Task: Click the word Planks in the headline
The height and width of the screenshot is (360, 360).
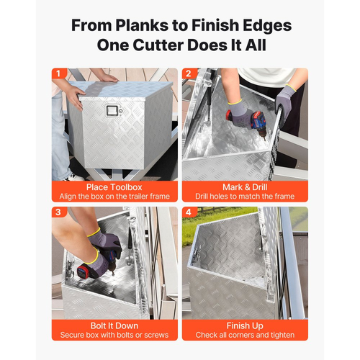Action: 142,25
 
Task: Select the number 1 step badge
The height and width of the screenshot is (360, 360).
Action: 58,73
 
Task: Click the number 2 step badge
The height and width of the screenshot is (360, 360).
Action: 189,73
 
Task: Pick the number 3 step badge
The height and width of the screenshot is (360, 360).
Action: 58,212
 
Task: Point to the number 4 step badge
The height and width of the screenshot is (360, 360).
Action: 189,212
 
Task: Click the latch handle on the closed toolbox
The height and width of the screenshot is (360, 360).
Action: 112,111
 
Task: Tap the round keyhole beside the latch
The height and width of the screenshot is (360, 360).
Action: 121,111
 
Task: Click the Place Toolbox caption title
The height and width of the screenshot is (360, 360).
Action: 114,187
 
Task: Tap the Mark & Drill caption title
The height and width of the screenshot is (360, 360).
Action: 245,187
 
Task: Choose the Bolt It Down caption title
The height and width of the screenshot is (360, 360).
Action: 114,326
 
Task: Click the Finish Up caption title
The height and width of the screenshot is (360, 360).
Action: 245,326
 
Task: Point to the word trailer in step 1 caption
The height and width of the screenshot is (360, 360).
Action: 137,197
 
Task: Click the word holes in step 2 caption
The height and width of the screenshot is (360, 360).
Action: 219,197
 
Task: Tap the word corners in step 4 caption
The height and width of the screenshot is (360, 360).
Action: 243,335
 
